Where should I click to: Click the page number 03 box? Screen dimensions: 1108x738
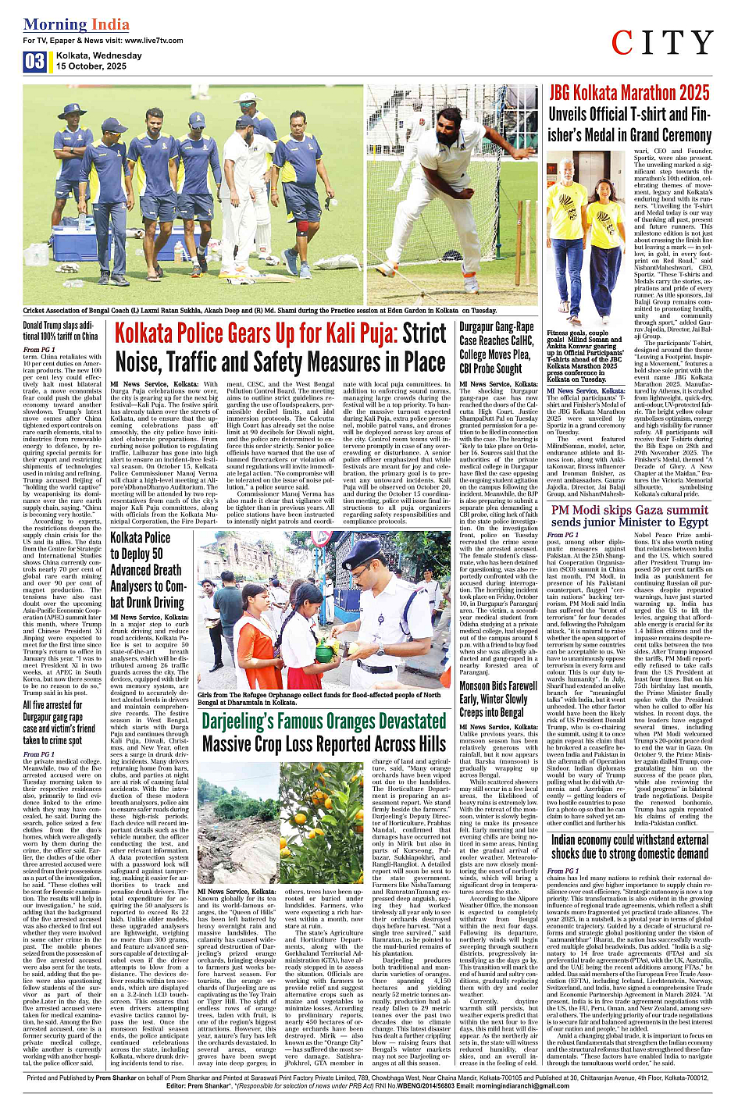[x=34, y=61]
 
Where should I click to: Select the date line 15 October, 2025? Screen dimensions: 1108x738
[x=91, y=66]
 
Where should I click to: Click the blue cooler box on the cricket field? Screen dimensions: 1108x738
[x=81, y=242]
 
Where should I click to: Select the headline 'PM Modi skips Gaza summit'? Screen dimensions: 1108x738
[x=629, y=516]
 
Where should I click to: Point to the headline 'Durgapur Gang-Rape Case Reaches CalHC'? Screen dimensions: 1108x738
[x=497, y=347]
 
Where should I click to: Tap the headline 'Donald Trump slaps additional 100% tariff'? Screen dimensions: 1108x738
[x=60, y=330]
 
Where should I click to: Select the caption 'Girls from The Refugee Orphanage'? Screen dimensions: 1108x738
[x=323, y=697]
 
